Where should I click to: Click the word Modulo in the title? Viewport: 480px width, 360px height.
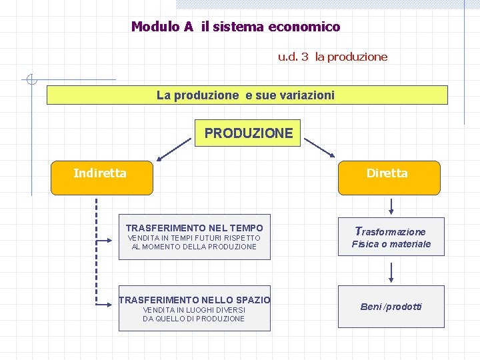[x=153, y=27]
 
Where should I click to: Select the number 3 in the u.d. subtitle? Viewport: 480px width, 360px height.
[x=305, y=57]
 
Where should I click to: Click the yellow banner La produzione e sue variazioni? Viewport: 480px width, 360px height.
[x=247, y=95]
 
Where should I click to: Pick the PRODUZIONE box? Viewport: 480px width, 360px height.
[x=249, y=133]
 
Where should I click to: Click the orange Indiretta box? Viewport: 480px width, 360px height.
[x=101, y=177]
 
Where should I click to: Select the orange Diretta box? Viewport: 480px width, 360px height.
[x=389, y=177]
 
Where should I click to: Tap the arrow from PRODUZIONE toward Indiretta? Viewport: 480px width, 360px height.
[x=173, y=151]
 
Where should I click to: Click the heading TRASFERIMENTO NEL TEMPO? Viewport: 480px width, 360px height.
[x=194, y=228]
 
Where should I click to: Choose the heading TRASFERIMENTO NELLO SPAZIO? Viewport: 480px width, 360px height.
[x=195, y=300]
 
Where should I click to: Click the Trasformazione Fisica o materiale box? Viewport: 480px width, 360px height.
[x=391, y=237]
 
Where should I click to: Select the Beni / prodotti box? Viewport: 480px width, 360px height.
[x=391, y=307]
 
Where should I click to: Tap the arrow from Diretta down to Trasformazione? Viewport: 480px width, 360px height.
[x=391, y=205]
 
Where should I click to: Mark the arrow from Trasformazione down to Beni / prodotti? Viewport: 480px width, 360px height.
[x=391, y=272]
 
